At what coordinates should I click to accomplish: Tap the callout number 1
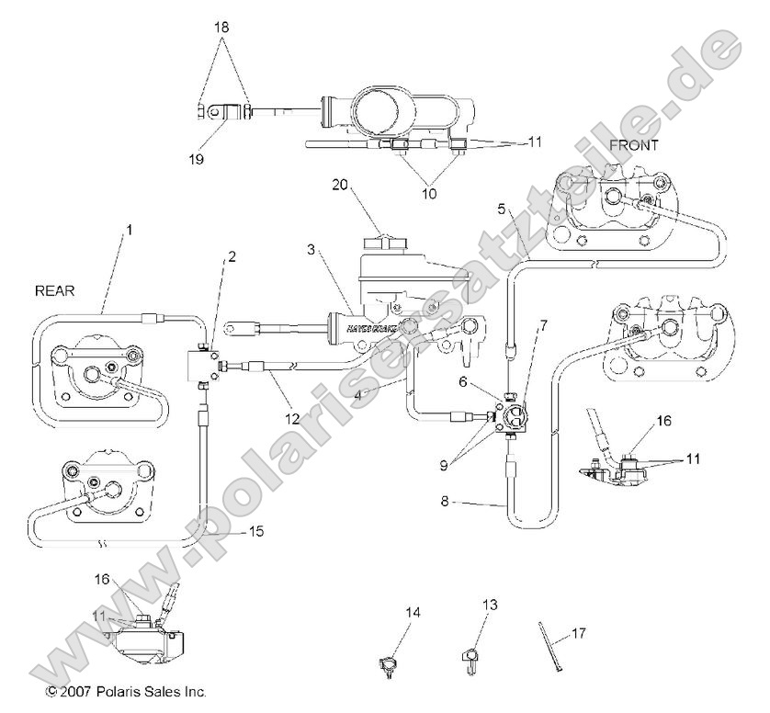click(x=130, y=229)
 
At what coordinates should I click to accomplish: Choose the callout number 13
click(x=488, y=604)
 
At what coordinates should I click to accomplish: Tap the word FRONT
click(x=633, y=147)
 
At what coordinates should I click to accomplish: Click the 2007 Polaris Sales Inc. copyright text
click(x=126, y=690)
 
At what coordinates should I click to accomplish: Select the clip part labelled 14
click(x=389, y=662)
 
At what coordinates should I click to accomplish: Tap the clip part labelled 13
click(x=470, y=657)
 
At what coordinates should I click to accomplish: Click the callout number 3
click(x=311, y=249)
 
